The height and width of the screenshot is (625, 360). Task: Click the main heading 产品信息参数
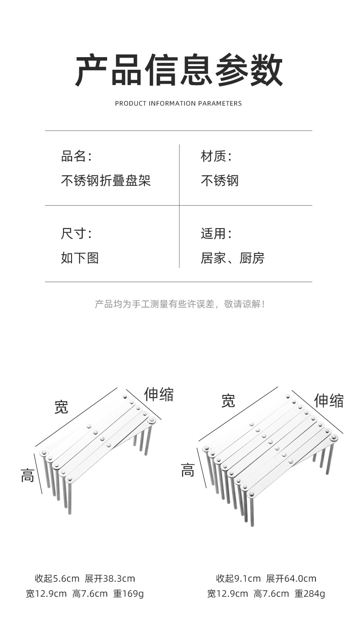point(179,70)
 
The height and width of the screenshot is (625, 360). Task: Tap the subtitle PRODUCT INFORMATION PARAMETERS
point(178,103)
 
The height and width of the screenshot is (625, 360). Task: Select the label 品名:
point(76,157)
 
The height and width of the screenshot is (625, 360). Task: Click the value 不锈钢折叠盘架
point(106,181)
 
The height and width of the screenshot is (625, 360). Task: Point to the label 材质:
point(216,157)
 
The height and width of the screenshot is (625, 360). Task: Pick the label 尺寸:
point(76,234)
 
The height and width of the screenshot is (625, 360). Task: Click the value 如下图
point(80,258)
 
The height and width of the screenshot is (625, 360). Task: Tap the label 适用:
point(216,234)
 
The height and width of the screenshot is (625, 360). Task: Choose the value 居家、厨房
point(232,258)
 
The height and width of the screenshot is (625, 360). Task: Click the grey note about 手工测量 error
point(180,304)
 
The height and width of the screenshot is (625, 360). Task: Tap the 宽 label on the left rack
point(62,407)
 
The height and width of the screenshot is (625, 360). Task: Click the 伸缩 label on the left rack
point(159,394)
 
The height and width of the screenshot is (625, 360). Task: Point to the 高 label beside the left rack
point(27,475)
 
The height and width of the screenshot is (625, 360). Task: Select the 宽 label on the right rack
point(228,400)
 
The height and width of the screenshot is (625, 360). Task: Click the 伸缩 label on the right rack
point(329,400)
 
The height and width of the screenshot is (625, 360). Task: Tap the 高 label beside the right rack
point(188,471)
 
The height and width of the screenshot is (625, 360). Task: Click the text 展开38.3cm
point(110,579)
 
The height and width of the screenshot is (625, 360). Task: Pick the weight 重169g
point(128,594)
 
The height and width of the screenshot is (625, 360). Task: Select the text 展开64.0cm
point(291,579)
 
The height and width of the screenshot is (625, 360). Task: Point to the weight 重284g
point(310,594)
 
